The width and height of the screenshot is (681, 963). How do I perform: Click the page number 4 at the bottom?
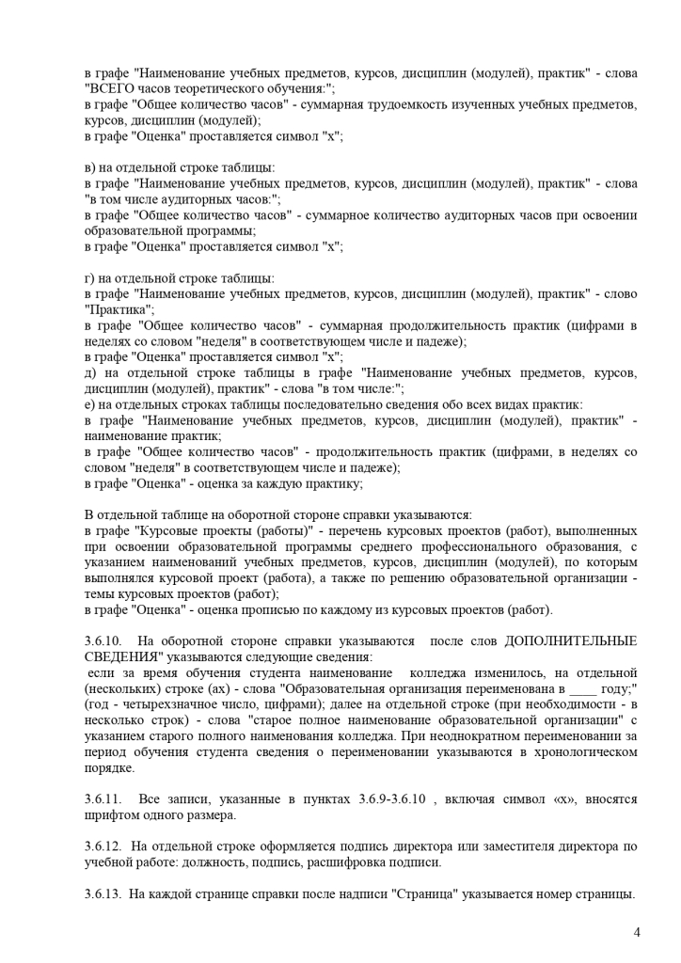[637, 932]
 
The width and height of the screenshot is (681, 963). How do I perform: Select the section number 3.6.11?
[102, 798]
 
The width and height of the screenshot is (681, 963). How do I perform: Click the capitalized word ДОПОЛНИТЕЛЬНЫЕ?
[571, 640]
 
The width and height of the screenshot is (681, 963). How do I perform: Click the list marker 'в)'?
[90, 167]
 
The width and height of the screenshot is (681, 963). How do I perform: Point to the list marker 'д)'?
[90, 372]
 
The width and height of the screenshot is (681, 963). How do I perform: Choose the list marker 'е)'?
[89, 403]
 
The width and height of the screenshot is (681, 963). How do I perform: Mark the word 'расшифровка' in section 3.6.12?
[383, 861]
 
